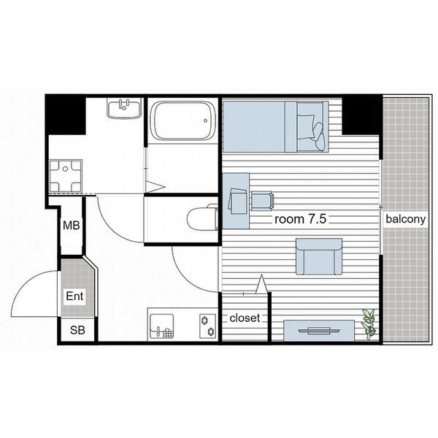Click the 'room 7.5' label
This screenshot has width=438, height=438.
pyautogui.click(x=300, y=219)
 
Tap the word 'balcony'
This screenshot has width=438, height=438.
pyautogui.click(x=406, y=219)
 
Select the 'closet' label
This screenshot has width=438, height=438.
pyautogui.click(x=245, y=318)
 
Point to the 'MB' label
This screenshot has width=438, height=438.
pyautogui.click(x=72, y=225)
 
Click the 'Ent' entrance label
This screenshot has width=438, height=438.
pyautogui.click(x=74, y=296)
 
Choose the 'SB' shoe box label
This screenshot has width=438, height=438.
pyautogui.click(x=77, y=330)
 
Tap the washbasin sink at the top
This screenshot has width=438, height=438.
pyautogui.click(x=123, y=108)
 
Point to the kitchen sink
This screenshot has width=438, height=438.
pyautogui.click(x=162, y=326)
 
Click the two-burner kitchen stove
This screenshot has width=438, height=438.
pyautogui.click(x=208, y=326)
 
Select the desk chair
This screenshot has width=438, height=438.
pyautogui.click(x=262, y=201)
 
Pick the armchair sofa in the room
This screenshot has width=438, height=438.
pyautogui.click(x=319, y=256)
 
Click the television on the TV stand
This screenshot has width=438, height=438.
pyautogui.click(x=319, y=331)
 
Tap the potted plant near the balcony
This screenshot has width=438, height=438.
pyautogui.click(x=369, y=324)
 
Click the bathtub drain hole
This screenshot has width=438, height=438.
pyautogui.click(x=205, y=121)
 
